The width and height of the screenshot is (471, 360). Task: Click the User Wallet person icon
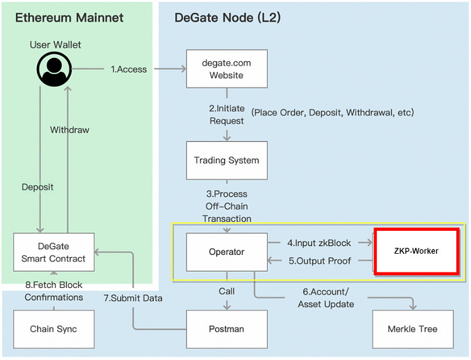pyautogui.click(x=55, y=69)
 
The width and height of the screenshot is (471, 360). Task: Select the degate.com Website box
pyautogui.click(x=227, y=69)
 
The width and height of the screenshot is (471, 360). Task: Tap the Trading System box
pyautogui.click(x=227, y=160)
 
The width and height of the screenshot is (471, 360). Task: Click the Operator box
pyautogui.click(x=227, y=252)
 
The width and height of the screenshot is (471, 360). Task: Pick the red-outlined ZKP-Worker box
pyautogui.click(x=416, y=251)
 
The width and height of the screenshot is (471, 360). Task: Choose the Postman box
pyautogui.click(x=227, y=329)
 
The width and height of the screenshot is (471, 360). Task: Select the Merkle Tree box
pyautogui.click(x=412, y=329)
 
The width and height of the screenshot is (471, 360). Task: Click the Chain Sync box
pyautogui.click(x=54, y=329)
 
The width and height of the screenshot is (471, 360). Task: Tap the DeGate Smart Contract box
pyautogui.click(x=54, y=252)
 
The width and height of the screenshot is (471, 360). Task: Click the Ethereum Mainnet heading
pyautogui.click(x=69, y=17)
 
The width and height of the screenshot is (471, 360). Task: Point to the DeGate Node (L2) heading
pyautogui.click(x=227, y=17)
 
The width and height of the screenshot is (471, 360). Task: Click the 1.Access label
pyautogui.click(x=129, y=69)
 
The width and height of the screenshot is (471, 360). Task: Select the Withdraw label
pyautogui.click(x=70, y=130)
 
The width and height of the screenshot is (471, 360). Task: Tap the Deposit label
pyautogui.click(x=38, y=187)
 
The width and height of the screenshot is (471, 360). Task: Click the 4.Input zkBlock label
pyautogui.click(x=319, y=243)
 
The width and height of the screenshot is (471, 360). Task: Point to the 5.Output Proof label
pyautogui.click(x=320, y=261)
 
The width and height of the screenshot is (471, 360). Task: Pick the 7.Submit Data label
pyautogui.click(x=133, y=298)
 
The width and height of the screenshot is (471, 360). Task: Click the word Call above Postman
pyautogui.click(x=227, y=291)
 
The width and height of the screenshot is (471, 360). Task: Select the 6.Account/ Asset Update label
pyautogui.click(x=326, y=298)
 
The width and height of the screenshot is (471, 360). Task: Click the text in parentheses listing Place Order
pyautogui.click(x=332, y=112)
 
